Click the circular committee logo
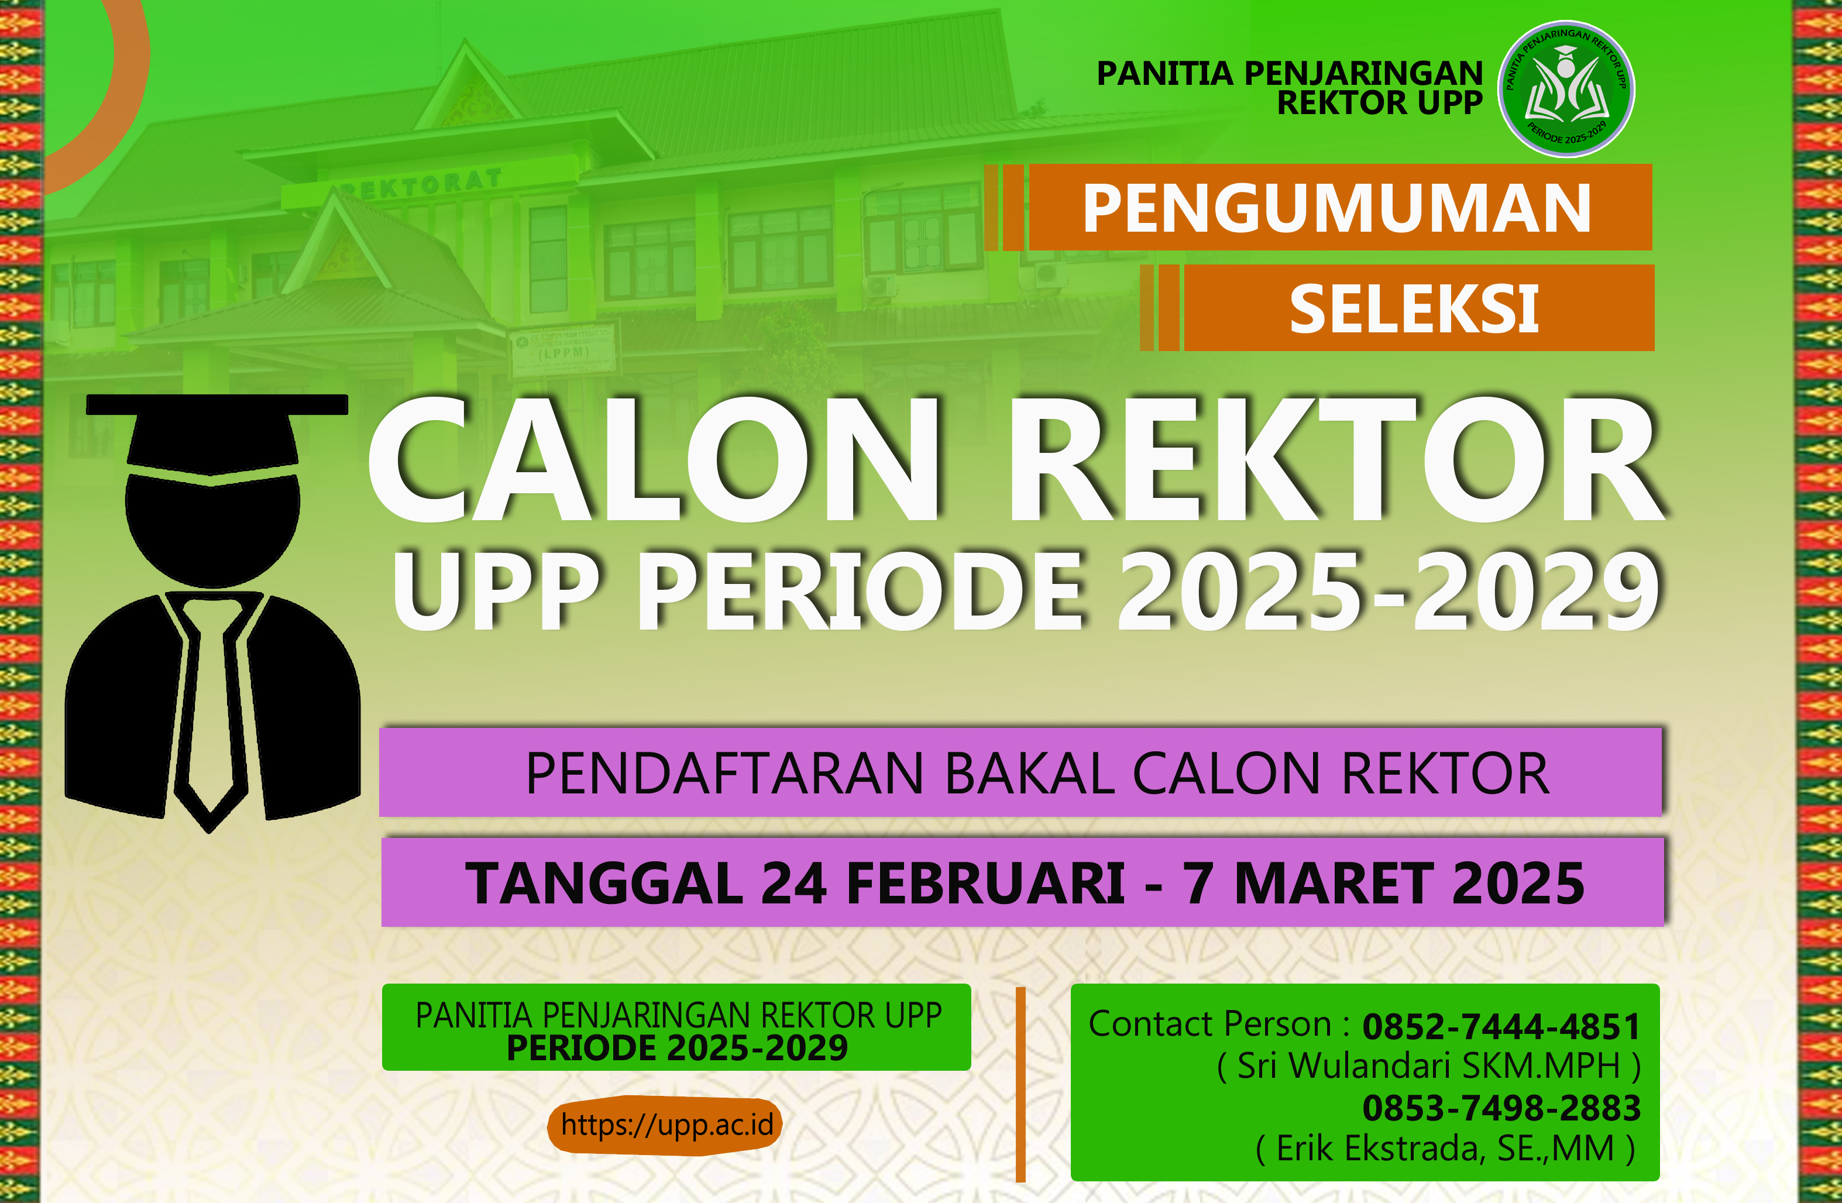[x=1566, y=89]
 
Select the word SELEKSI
[x=1414, y=309]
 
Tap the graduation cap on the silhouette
[x=216, y=434]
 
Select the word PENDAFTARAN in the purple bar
[x=724, y=774]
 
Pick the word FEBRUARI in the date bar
[x=986, y=884]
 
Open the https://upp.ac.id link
[x=666, y=1125]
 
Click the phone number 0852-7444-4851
[x=1501, y=1026]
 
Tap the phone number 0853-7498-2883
[x=1501, y=1108]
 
